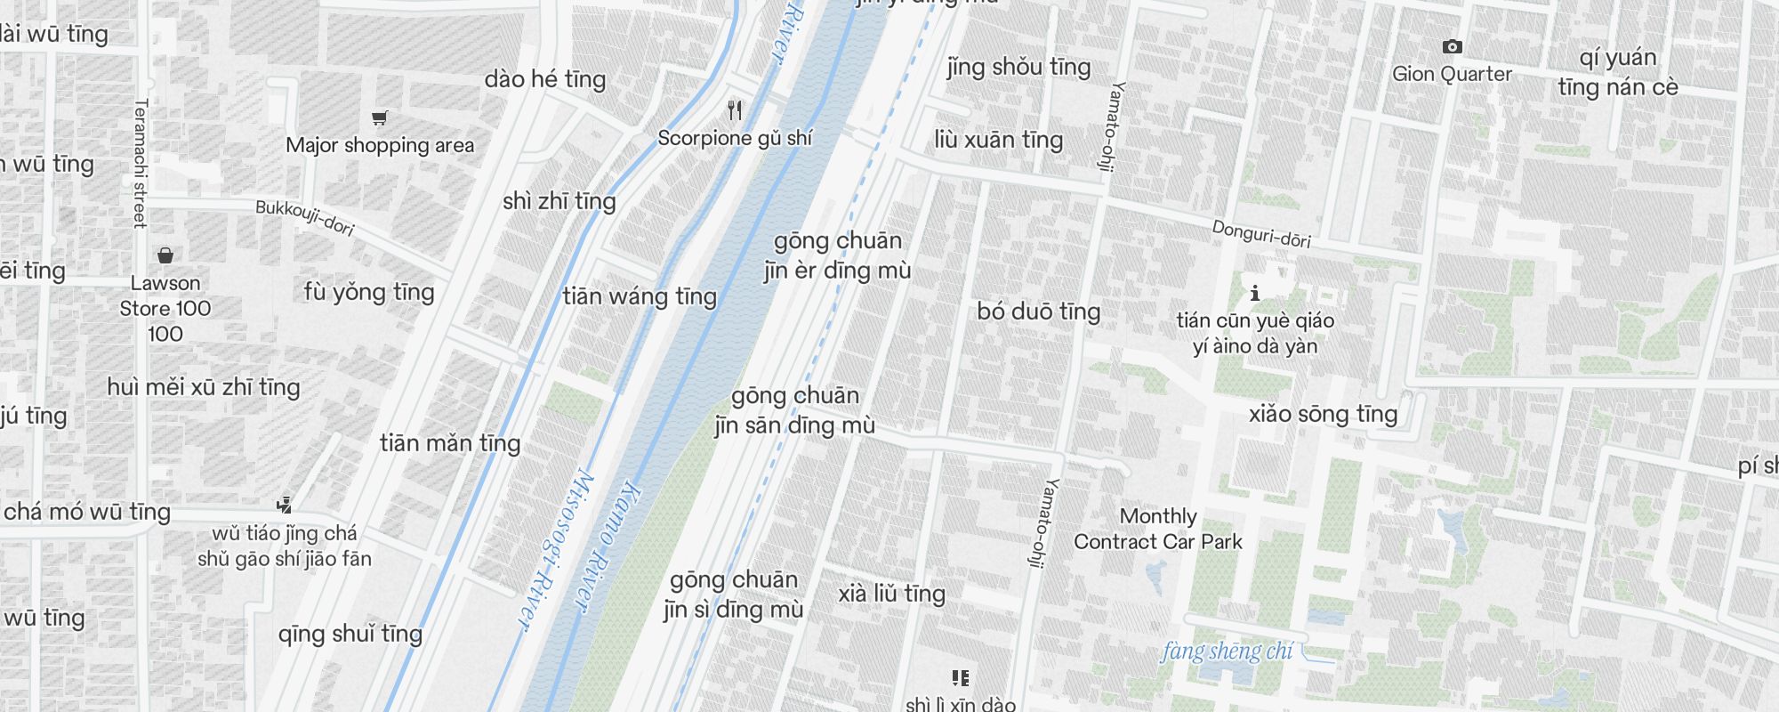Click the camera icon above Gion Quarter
[1452, 46]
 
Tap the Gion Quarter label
[1452, 74]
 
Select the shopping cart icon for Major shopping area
[380, 117]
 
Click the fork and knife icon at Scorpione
[735, 110]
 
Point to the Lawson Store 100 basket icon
[165, 256]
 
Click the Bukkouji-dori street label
[305, 218]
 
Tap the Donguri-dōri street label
[1261, 234]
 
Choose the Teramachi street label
[140, 163]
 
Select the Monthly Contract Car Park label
[1157, 529]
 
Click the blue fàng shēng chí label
[1227, 651]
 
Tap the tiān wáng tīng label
[640, 296]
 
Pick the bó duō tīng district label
[1038, 311]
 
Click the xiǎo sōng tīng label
[1323, 414]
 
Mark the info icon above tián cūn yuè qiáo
[1254, 292]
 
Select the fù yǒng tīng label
[369, 292]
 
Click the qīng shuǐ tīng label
[350, 634]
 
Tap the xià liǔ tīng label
[891, 594]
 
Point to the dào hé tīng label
[545, 79]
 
